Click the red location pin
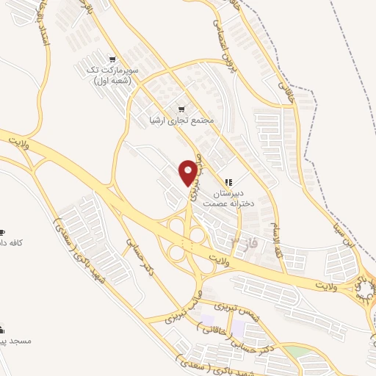(x=188, y=171)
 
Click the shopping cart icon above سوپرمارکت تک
(x=111, y=59)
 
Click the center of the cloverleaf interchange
(x=187, y=240)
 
